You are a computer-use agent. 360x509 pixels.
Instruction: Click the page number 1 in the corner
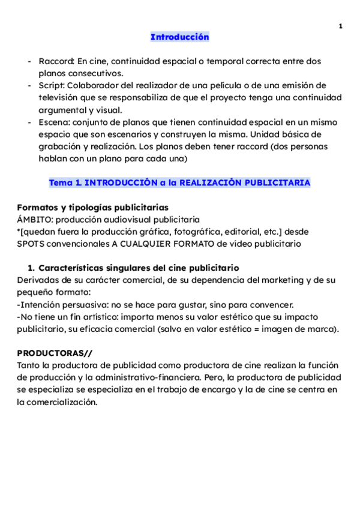click(x=340, y=26)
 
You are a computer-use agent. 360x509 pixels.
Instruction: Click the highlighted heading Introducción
click(x=179, y=37)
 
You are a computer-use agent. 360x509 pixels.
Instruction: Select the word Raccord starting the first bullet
click(x=56, y=61)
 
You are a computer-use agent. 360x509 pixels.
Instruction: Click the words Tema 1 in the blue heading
click(x=63, y=182)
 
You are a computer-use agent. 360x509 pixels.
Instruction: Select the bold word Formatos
click(x=37, y=208)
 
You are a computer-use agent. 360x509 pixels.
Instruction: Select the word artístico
click(x=100, y=316)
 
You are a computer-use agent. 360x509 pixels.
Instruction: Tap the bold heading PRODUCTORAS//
click(x=55, y=353)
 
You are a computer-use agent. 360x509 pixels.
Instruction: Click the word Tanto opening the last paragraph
click(x=30, y=366)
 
